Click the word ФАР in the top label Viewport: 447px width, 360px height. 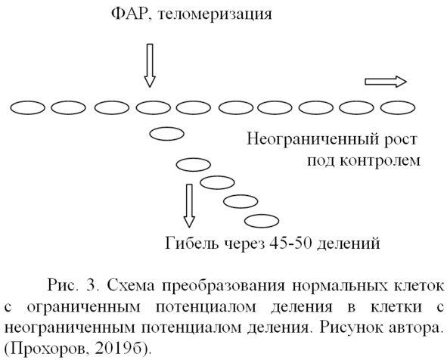[129, 14]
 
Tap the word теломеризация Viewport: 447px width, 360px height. [215, 15]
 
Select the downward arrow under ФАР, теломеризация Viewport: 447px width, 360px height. [150, 65]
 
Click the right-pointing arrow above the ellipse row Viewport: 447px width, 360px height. [386, 82]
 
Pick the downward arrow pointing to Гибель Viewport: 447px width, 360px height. [189, 206]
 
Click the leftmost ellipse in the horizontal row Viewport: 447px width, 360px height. [28, 107]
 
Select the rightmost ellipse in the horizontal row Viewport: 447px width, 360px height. [398, 107]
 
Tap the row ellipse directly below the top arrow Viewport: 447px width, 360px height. [154, 107]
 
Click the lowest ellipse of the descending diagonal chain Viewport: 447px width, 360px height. [262, 221]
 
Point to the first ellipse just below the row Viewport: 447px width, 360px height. [166, 134]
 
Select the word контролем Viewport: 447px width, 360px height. [380, 161]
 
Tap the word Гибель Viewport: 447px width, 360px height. [192, 244]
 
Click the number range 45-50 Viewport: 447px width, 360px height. [290, 244]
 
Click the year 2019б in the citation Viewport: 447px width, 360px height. [119, 348]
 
